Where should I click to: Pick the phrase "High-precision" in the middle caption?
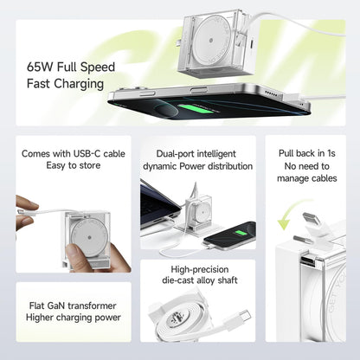(197, 271)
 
